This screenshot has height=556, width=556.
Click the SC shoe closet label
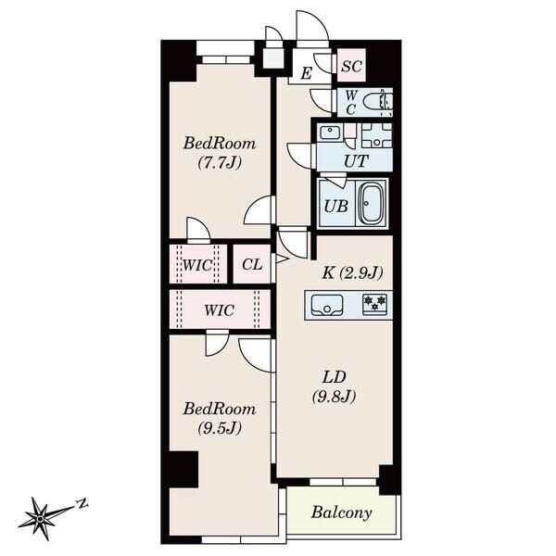point(350,66)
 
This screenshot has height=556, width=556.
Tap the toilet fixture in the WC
point(378,101)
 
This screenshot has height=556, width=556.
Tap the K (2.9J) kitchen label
point(352,272)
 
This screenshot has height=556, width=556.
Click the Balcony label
point(341,512)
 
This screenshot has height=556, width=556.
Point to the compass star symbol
point(44,514)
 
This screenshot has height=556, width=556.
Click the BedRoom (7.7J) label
point(219,152)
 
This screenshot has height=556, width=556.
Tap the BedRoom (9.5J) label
point(219,417)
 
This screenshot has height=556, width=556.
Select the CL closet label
point(252,265)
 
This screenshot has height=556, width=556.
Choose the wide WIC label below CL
point(220,310)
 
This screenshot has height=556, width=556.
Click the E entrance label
point(305,72)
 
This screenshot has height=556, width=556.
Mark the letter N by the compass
point(82,503)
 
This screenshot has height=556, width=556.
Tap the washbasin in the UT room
point(330,133)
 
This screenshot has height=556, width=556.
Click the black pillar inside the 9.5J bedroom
point(183,468)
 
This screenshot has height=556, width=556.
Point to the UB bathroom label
point(335,206)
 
